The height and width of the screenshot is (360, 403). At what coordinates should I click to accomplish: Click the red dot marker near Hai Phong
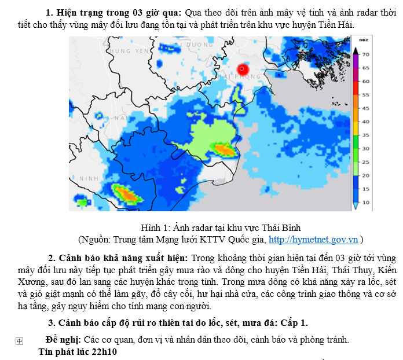(242, 68)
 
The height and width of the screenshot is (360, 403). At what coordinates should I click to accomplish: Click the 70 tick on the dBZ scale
(366, 54)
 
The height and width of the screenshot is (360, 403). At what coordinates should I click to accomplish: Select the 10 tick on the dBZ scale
(366, 203)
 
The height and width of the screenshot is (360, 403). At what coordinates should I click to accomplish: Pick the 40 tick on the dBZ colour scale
(366, 122)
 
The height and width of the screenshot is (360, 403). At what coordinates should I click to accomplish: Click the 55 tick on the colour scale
(366, 94)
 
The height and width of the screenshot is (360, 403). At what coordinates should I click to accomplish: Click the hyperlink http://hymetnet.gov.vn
(313, 239)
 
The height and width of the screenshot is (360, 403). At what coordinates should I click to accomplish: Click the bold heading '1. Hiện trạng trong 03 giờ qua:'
(113, 13)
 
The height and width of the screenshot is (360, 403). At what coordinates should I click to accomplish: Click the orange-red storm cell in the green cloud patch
(224, 150)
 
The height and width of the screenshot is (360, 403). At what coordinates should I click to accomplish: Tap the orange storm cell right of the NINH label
(124, 193)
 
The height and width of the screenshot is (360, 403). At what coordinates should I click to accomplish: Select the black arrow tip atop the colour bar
(356, 49)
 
